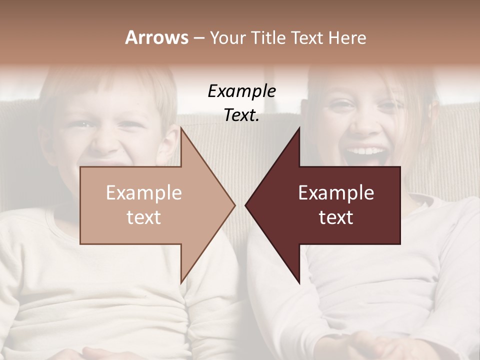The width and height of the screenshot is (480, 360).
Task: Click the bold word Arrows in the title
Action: pyautogui.click(x=156, y=37)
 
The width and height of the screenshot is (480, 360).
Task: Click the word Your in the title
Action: pyautogui.click(x=227, y=38)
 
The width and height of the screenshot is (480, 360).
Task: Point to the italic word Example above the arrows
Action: pyautogui.click(x=241, y=91)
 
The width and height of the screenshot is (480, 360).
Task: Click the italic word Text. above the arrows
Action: pyautogui.click(x=241, y=115)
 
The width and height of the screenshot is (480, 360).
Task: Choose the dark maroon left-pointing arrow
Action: pyautogui.click(x=340, y=205)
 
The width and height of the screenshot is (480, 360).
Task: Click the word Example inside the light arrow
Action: pyautogui.click(x=143, y=193)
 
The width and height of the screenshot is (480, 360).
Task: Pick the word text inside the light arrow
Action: pyautogui.click(x=143, y=217)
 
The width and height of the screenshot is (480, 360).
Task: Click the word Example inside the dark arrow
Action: pyautogui.click(x=336, y=193)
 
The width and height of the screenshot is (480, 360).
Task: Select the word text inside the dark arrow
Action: pyautogui.click(x=336, y=217)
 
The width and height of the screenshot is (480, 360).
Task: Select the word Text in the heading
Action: pyautogui.click(x=308, y=37)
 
